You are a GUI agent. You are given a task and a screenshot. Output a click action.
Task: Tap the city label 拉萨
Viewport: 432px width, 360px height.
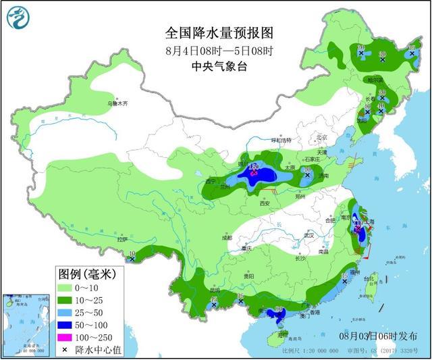tap(122, 239)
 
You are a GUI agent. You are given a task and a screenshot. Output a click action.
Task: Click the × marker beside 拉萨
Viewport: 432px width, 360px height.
tap(132, 258)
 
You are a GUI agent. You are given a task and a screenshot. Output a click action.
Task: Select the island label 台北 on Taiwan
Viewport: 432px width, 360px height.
tap(369, 278)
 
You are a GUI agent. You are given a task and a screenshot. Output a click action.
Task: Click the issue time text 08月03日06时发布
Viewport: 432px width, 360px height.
tap(378, 336)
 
